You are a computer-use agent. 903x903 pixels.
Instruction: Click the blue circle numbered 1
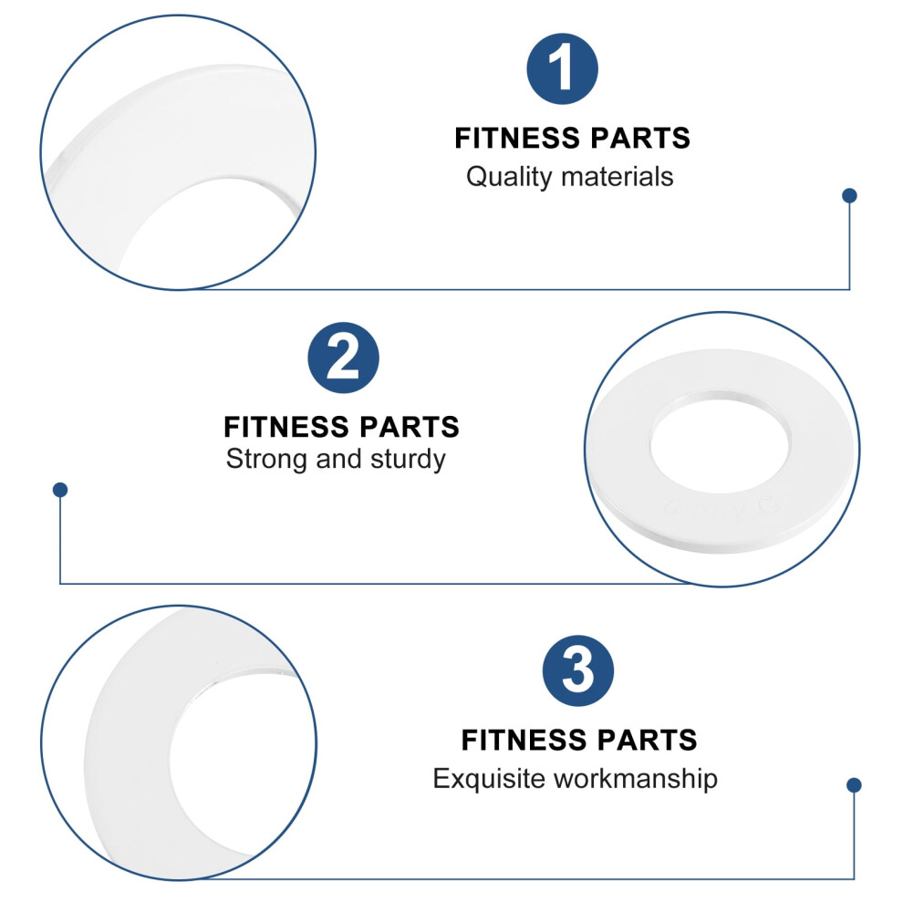click(562, 68)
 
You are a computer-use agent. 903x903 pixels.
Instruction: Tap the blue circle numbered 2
click(343, 358)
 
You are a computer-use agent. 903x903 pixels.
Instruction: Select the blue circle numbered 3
click(577, 670)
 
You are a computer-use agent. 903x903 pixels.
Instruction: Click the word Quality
click(509, 177)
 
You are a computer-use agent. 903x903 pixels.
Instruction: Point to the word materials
click(618, 177)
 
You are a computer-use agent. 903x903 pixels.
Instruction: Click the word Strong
click(266, 460)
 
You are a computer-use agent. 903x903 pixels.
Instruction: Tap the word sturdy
click(408, 460)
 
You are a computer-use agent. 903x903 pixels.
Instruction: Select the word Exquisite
click(489, 779)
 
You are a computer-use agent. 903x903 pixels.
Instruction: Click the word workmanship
click(636, 779)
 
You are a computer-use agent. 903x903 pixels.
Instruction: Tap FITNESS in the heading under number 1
click(517, 139)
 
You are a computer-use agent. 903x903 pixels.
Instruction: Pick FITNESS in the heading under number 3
click(524, 740)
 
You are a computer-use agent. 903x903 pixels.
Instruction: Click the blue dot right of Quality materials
click(849, 195)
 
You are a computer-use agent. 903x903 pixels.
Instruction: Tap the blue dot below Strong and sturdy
click(60, 490)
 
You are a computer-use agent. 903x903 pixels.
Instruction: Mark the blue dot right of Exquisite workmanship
click(854, 785)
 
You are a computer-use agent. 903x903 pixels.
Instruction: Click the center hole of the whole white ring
click(720, 442)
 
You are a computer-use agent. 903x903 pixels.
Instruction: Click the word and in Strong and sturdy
click(338, 460)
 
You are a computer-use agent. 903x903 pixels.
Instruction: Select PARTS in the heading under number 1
click(640, 139)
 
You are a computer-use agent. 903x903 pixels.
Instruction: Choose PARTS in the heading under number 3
click(648, 740)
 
